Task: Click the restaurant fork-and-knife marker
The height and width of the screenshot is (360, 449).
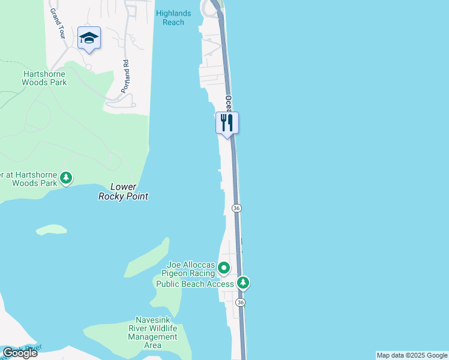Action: coord(227,124)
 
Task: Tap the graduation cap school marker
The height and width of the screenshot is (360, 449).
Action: coord(89,38)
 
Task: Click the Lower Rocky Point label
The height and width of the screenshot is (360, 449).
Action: coord(123,191)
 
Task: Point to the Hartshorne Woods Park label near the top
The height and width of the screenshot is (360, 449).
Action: coord(45,78)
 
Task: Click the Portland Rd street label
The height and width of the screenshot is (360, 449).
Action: coord(125,76)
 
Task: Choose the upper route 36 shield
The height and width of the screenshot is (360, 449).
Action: coord(236,208)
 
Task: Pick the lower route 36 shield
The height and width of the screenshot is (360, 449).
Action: coord(240,302)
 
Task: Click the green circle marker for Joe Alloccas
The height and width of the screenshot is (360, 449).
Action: coord(224,268)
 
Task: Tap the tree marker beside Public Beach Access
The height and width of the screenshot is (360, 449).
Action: coord(243,282)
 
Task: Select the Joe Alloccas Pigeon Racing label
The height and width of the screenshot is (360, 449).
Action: coord(190,268)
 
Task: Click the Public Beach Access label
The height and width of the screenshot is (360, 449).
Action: coord(194,284)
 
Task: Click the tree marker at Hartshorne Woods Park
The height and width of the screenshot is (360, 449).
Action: coord(66,178)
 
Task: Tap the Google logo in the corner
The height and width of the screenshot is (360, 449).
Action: coord(20,353)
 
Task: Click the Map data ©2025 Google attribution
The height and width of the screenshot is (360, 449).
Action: coord(412,355)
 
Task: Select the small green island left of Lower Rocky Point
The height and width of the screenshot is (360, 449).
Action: coord(51,229)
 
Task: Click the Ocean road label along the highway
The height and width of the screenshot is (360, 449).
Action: coord(229,103)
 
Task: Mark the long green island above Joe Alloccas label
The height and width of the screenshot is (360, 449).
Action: coord(148,257)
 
